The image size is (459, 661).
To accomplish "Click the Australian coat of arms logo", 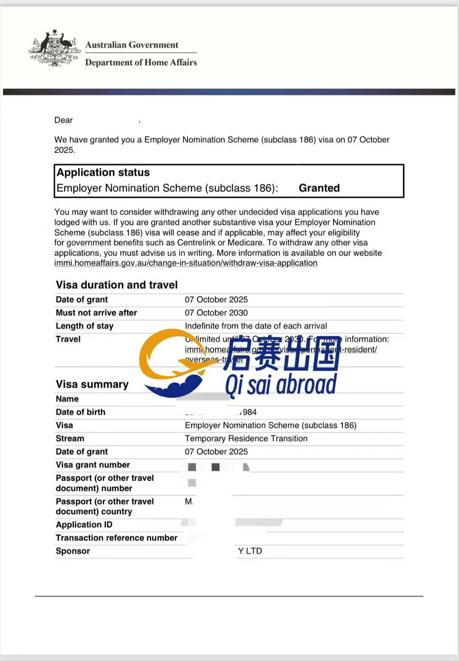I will (55, 48).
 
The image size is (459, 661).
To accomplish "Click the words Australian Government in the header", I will (132, 45).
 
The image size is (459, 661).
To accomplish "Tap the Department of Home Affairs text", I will (141, 63).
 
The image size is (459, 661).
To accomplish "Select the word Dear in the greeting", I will (63, 120).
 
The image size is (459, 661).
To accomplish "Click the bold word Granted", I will (319, 188).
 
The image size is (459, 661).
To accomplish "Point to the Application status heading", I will (103, 172).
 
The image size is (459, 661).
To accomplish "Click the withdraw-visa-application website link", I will (186, 263).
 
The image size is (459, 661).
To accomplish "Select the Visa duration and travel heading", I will (117, 285).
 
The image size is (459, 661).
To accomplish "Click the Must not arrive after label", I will (96, 313).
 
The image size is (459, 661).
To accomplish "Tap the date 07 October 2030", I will (216, 313).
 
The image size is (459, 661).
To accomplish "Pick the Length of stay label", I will (85, 326).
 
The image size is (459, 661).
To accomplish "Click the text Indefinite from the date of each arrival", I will (256, 326).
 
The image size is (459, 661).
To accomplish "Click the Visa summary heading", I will (92, 384).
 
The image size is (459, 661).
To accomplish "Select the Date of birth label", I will (81, 412).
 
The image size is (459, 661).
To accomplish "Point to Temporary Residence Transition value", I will (246, 438).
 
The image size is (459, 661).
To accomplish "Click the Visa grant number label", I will (93, 464).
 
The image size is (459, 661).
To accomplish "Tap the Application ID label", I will (84, 524).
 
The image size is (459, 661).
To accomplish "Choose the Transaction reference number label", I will (116, 538).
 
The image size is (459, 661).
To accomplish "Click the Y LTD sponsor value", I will (250, 551).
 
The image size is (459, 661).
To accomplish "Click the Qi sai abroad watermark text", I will (280, 385).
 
